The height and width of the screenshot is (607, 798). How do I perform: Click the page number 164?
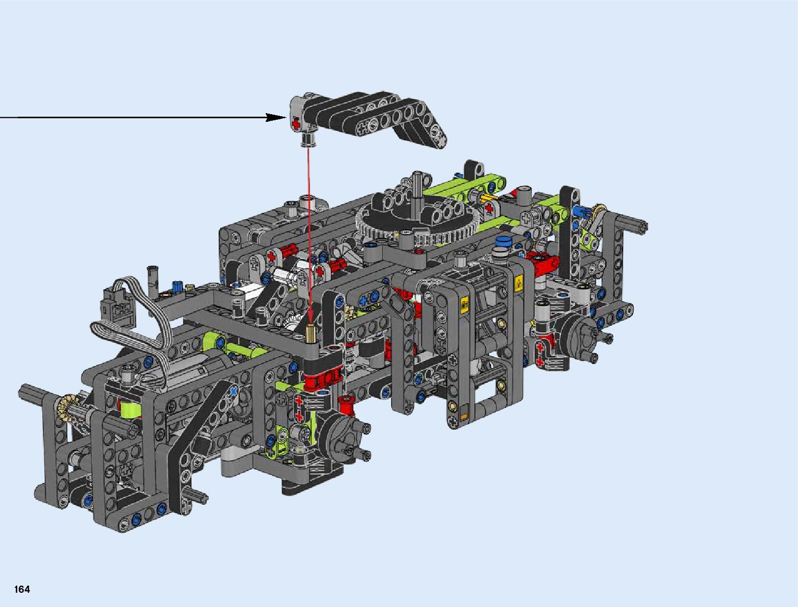pos(22,589)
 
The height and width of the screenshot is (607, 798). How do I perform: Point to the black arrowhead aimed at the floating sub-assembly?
pos(276,118)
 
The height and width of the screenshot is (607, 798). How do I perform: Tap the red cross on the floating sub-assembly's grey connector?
pos(296,124)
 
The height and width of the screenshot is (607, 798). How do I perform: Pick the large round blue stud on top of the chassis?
pos(502,241)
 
